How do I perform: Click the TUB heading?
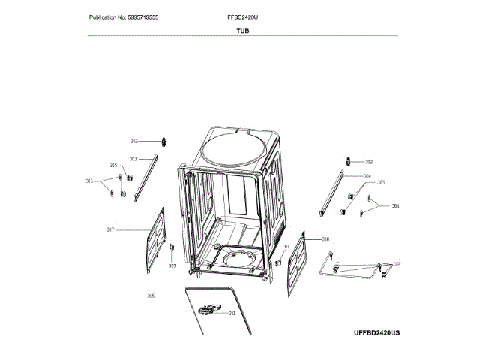(x=242, y=31)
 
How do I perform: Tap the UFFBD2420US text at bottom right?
(x=377, y=331)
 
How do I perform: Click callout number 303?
(x=133, y=159)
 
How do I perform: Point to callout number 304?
(x=367, y=176)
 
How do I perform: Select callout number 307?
(x=110, y=229)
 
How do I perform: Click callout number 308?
(x=325, y=239)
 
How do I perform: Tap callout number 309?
(x=172, y=265)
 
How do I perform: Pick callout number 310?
(x=286, y=246)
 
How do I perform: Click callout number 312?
(x=397, y=264)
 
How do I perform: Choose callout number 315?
(x=150, y=295)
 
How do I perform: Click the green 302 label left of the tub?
(x=134, y=141)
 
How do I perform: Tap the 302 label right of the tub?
(x=369, y=161)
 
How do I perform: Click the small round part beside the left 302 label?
(x=161, y=141)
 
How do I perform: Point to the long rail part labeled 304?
(x=332, y=193)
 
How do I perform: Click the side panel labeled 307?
(x=154, y=239)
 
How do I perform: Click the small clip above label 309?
(x=172, y=247)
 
